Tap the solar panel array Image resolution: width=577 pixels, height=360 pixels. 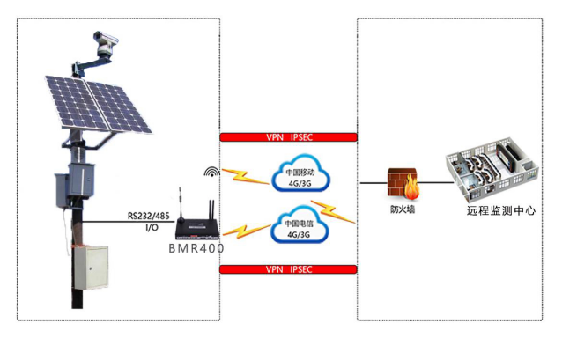[95, 102]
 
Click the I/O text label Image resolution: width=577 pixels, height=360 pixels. [152, 227]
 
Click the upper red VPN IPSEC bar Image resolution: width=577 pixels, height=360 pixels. [287, 137]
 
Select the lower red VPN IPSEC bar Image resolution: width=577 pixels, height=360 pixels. [287, 268]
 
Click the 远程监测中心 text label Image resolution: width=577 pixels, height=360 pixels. [500, 212]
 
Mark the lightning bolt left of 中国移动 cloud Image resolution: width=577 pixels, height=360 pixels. [247, 177]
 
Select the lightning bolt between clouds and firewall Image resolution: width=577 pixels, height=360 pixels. [339, 210]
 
